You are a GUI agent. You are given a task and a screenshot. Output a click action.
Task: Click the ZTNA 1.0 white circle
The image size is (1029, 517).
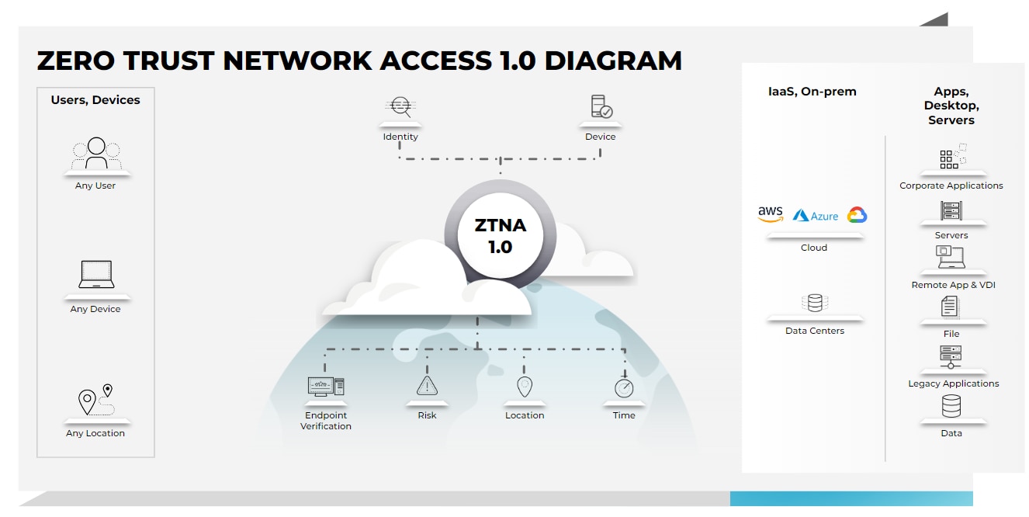click(x=501, y=236)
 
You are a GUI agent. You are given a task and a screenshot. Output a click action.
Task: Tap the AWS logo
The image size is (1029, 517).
click(x=771, y=214)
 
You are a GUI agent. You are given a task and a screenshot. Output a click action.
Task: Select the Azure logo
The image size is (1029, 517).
click(x=816, y=216)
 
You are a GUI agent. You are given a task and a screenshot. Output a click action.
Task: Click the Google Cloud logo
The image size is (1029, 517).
click(x=857, y=215)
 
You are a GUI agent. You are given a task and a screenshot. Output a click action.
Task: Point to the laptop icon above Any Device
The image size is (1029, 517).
click(x=96, y=275)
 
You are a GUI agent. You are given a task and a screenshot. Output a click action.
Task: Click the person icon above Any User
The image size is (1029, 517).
click(x=96, y=153)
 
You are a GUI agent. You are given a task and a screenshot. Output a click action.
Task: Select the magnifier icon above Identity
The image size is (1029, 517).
click(x=400, y=107)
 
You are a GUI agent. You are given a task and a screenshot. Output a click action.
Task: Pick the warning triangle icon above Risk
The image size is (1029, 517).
click(x=427, y=386)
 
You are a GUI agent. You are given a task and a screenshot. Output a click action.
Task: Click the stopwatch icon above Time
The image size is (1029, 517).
click(x=624, y=387)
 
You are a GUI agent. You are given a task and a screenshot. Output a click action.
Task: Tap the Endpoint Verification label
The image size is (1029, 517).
click(x=326, y=421)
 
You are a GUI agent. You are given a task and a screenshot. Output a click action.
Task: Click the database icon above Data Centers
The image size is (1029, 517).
click(x=815, y=303)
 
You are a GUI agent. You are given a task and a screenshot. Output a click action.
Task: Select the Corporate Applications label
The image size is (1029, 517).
click(x=951, y=186)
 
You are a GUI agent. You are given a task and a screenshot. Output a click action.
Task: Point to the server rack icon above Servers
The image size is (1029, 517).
click(x=951, y=210)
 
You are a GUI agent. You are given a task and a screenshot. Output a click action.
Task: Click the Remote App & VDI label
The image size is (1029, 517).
click(x=952, y=285)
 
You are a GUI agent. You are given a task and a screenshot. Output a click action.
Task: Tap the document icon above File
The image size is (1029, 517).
click(x=950, y=307)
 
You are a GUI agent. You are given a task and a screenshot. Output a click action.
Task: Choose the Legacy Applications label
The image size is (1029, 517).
click(x=953, y=383)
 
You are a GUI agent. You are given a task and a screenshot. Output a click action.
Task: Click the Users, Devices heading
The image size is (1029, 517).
click(x=95, y=100)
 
